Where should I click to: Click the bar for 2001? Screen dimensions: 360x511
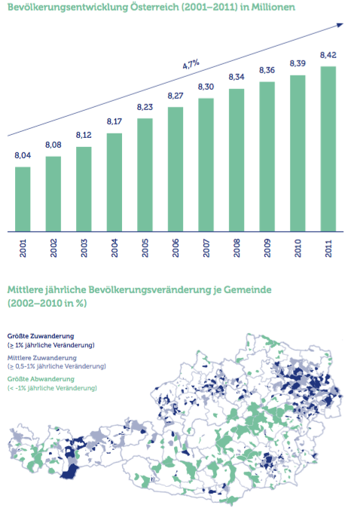click(x=23, y=200)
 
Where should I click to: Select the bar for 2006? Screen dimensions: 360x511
click(x=175, y=170)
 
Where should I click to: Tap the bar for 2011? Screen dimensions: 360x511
click(x=328, y=149)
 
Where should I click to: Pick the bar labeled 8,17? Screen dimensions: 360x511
click(x=114, y=182)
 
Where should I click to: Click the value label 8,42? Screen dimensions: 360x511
click(x=328, y=56)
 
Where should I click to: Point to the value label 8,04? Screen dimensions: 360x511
click(x=23, y=156)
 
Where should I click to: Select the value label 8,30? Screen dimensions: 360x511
click(x=206, y=87)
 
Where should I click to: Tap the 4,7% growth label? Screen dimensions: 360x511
click(x=191, y=64)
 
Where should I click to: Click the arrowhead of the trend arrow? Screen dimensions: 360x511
click(x=340, y=25)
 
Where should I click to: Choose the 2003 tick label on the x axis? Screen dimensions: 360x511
click(x=84, y=248)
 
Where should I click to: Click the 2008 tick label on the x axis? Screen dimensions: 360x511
click(x=236, y=248)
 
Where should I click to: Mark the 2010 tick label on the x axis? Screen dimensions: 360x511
click(x=297, y=248)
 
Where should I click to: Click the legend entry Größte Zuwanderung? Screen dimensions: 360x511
click(x=41, y=336)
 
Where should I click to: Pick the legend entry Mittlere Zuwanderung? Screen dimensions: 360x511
click(x=42, y=358)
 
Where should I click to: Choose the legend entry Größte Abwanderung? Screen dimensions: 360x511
click(x=41, y=379)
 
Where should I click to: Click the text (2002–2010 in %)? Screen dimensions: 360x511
click(x=47, y=304)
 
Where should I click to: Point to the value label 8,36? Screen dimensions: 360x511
click(x=267, y=70)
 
